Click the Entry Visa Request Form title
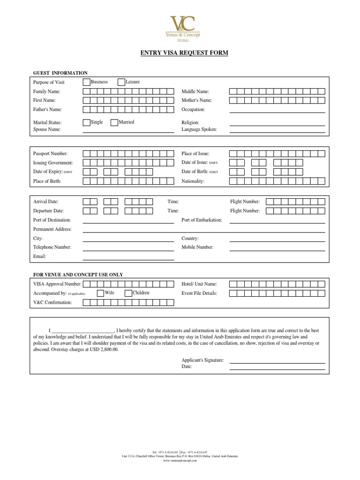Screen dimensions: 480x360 coord(184,53)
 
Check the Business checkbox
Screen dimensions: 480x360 coord(87,82)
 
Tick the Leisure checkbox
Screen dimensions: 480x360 coord(121,82)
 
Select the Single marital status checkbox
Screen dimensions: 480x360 coord(87,122)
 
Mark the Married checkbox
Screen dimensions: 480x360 coord(114,122)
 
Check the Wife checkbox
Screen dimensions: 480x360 coord(100,293)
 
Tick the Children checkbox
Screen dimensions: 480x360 coord(128,293)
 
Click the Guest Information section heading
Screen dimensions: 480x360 coord(60,73)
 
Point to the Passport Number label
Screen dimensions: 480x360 coord(51,154)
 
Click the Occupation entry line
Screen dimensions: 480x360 coord(277,112)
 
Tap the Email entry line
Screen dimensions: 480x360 coord(128,259)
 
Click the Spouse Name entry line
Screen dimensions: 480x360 coord(128,132)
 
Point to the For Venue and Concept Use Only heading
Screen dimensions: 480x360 coord(78,275)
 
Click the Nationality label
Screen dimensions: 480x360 coord(193,181)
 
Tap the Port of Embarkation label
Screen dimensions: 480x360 coord(202,220)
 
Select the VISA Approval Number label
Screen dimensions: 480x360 coord(57,284)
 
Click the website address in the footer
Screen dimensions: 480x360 coord(180,461)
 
